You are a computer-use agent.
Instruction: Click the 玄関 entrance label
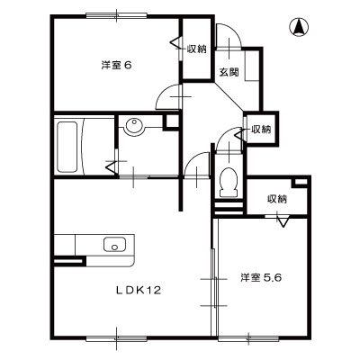[227, 74]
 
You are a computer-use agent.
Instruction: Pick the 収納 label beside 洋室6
[196, 48]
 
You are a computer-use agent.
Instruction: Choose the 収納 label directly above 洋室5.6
[276, 199]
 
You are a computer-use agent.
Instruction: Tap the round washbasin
[136, 128]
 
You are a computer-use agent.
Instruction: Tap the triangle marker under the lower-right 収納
[283, 221]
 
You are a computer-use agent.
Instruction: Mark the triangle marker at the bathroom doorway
[112, 165]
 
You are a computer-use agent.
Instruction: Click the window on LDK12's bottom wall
[117, 338]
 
